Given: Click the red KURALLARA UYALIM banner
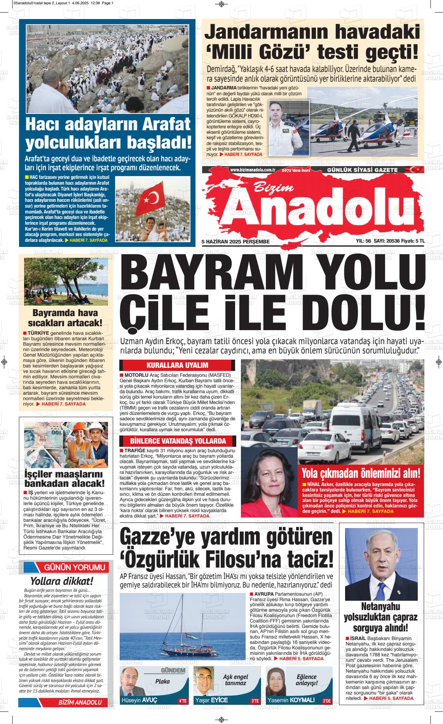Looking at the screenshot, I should pyautogui.click(x=177, y=365).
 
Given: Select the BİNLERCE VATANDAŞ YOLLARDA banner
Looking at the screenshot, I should pyautogui.click(x=178, y=441).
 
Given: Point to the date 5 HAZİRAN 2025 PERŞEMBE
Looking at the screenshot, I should pyautogui.click(x=235, y=241).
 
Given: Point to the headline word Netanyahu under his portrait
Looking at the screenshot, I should pyautogui.click(x=380, y=606).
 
